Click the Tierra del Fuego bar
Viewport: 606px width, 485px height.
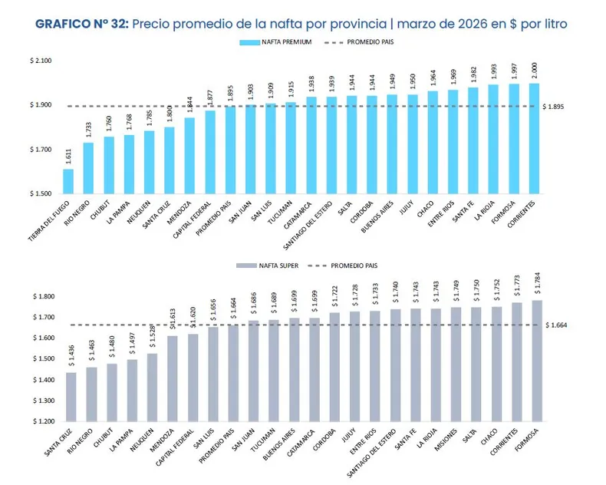68,181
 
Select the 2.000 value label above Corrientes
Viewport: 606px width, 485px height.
535,71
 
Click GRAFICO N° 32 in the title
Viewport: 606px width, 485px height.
82,23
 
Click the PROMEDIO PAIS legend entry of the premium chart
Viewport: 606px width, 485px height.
361,42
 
